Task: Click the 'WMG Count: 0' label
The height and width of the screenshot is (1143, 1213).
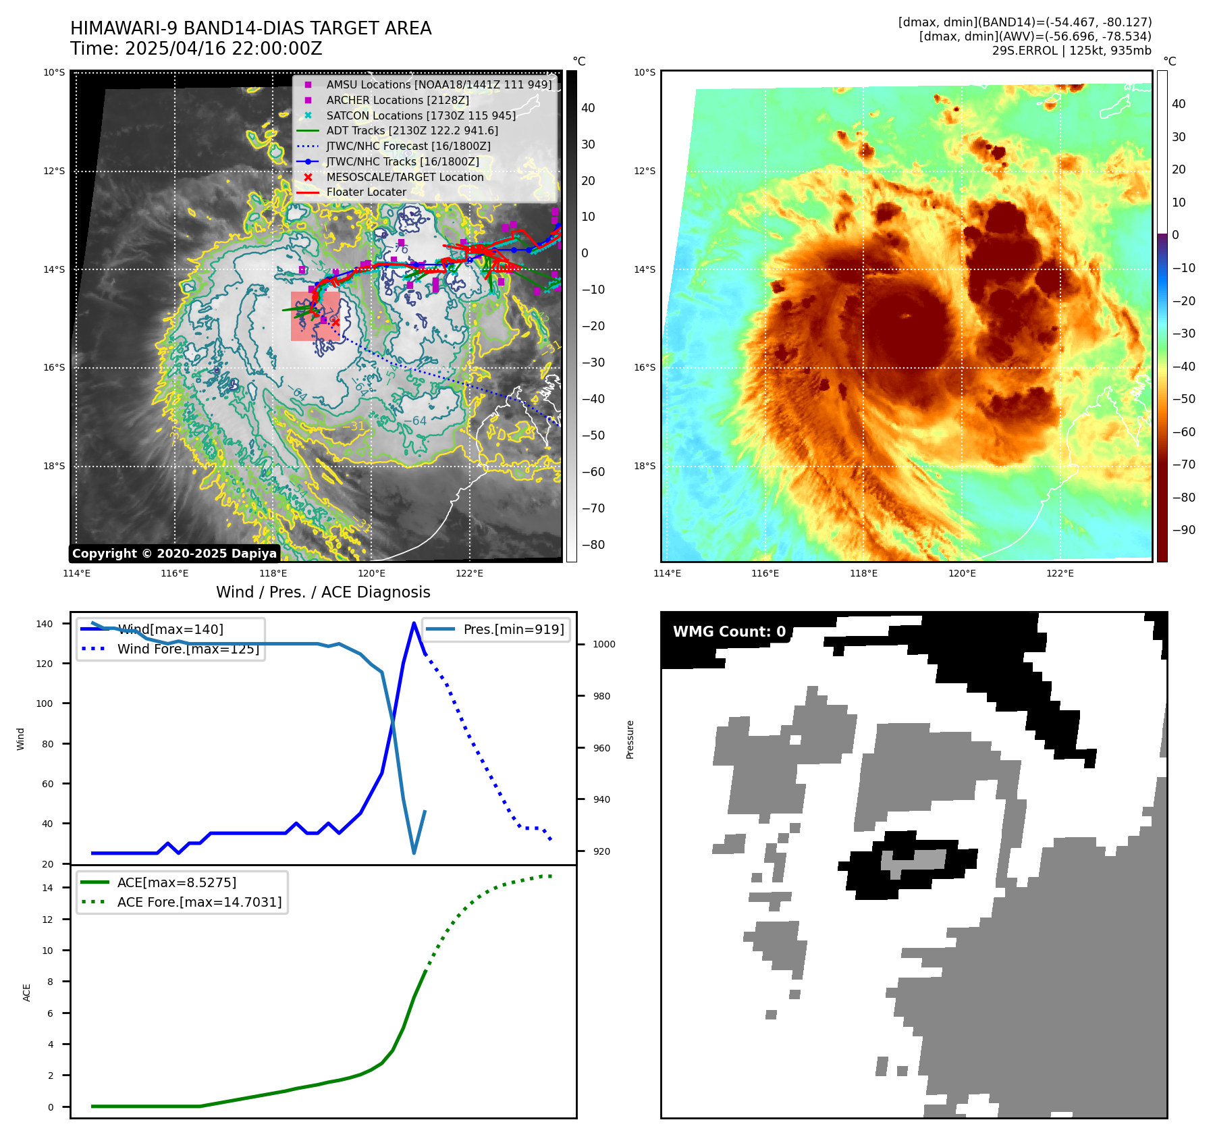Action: click(729, 632)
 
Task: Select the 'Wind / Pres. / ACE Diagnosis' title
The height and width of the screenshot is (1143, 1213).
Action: click(323, 592)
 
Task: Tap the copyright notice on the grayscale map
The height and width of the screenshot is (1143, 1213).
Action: click(174, 554)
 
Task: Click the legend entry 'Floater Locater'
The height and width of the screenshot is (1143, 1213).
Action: click(366, 192)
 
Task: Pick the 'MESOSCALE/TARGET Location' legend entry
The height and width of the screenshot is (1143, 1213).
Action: click(404, 177)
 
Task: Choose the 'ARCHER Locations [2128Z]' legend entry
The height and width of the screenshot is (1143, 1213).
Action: click(398, 100)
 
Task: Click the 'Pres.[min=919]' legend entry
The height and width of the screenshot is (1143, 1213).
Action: click(513, 629)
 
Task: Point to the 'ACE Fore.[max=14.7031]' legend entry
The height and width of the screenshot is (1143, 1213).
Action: click(199, 902)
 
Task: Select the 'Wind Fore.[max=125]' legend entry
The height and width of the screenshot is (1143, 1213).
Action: click(188, 649)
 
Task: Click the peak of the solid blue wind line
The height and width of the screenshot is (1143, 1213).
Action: click(414, 623)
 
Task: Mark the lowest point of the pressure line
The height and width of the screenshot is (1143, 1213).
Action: click(414, 853)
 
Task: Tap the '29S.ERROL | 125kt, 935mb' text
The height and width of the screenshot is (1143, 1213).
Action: click(1071, 51)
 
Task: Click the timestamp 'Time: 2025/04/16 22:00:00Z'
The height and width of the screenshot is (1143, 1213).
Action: click(196, 49)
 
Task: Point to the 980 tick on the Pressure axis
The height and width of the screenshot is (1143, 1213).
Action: click(601, 696)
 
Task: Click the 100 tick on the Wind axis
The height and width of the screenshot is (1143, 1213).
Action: click(44, 703)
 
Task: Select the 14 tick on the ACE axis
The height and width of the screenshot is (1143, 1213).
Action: click(47, 888)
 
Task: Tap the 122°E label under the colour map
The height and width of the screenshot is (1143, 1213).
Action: click(1060, 573)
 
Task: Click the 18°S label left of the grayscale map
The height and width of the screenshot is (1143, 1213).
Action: click(54, 466)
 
